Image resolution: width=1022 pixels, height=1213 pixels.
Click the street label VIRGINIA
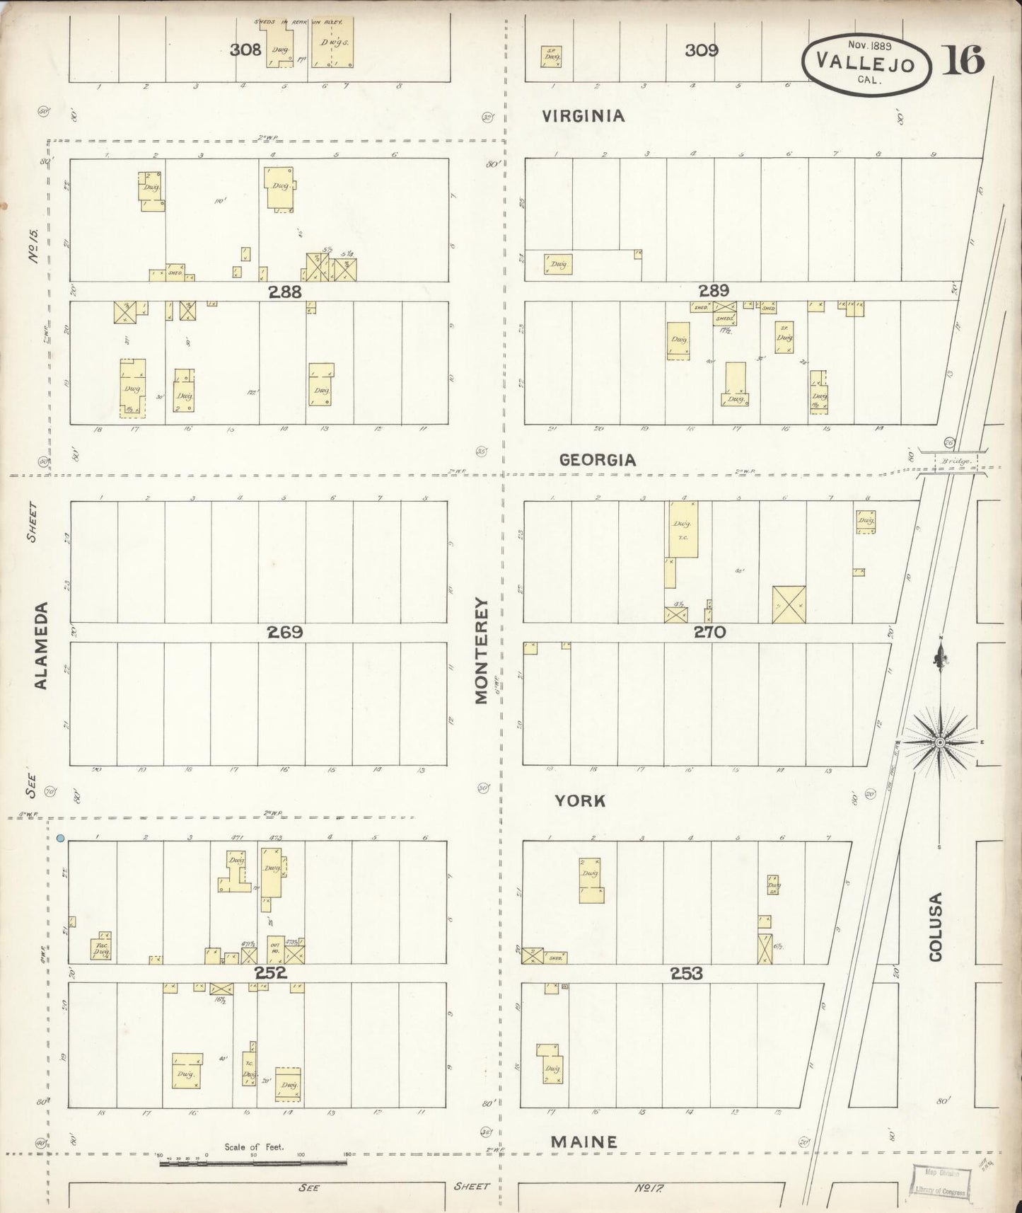tap(583, 116)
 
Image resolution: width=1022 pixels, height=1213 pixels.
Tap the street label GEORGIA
tap(598, 460)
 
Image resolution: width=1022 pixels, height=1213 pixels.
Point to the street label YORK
tap(580, 800)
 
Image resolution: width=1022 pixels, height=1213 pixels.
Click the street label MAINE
tap(584, 1142)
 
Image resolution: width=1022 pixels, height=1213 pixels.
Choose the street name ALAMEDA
tap(41, 645)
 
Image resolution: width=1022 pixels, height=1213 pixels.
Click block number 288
tap(285, 292)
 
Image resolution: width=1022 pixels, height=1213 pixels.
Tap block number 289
tap(714, 290)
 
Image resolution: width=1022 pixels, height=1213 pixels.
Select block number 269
tap(285, 632)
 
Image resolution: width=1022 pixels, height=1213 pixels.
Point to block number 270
tap(709, 632)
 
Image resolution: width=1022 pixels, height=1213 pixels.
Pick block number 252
tap(271, 973)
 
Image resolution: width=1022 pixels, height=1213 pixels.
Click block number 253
tap(687, 974)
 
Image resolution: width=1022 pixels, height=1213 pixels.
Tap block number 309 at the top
tap(702, 50)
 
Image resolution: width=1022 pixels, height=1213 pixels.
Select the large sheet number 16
tap(963, 61)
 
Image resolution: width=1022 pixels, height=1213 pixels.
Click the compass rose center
tap(940, 742)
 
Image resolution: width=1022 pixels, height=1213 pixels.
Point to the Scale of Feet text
tap(254, 1147)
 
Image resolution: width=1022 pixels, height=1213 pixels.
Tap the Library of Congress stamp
tap(940, 1182)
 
